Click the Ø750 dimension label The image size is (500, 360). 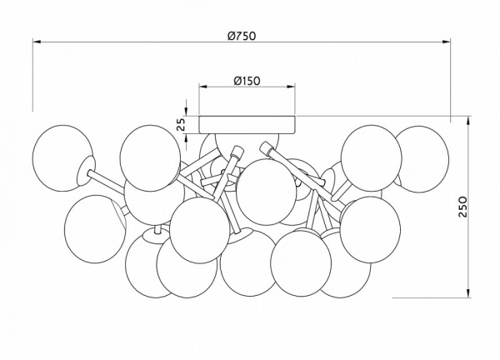point(242,36)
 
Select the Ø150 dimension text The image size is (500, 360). point(247,81)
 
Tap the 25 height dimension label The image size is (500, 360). point(181,124)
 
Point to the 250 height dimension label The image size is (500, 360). point(462,207)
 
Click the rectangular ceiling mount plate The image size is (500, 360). point(247,125)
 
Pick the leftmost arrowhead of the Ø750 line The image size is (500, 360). point(37,42)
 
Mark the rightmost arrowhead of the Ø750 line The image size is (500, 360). point(447,42)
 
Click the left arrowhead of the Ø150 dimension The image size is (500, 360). point(203,87)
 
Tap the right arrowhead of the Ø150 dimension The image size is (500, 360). point(291,87)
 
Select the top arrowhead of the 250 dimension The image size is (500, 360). point(468,120)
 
